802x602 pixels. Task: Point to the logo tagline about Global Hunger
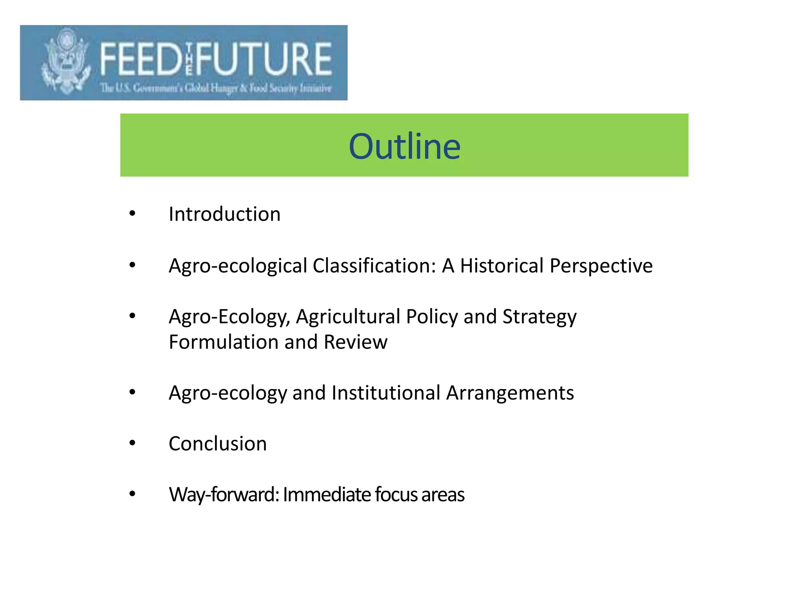(216, 88)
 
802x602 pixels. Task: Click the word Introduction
(224, 214)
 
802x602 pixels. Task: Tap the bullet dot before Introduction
(132, 214)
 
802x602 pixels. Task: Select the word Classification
(374, 266)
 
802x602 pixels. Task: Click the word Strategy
(539, 317)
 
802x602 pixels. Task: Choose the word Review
(355, 342)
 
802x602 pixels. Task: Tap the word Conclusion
(218, 444)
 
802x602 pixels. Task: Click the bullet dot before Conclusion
(132, 443)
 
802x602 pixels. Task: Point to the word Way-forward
(224, 495)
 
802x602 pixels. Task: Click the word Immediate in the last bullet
(327, 495)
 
